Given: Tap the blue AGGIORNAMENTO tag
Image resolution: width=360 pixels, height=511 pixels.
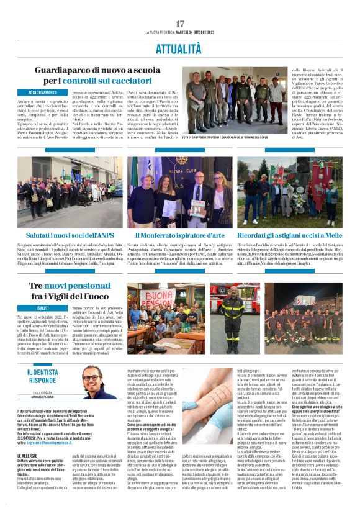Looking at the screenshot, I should [42, 93].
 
